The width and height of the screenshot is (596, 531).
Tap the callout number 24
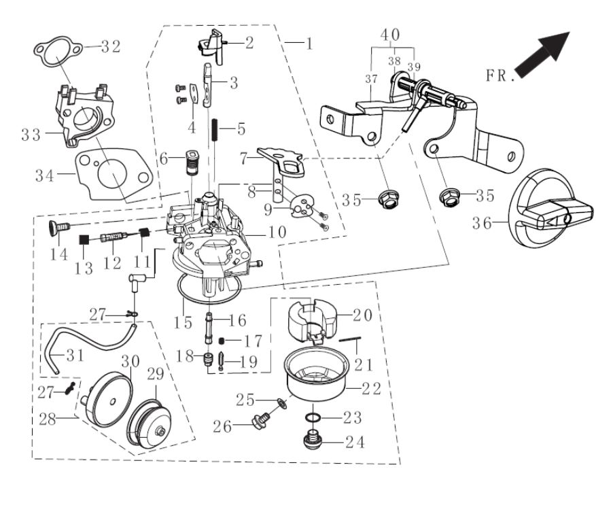(354, 443)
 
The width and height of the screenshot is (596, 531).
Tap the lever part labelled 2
(213, 44)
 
